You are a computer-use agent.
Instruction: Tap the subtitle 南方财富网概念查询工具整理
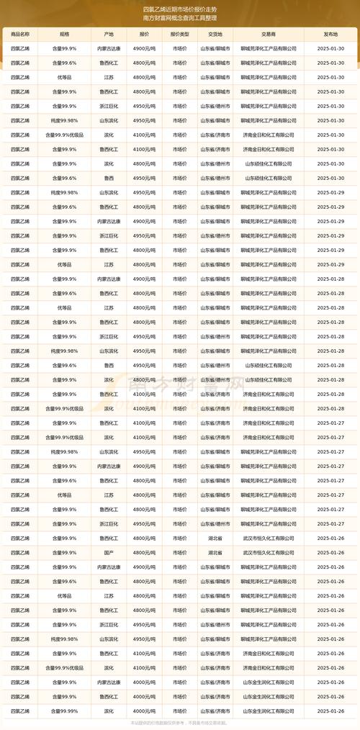point(179,18)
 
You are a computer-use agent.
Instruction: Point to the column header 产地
point(109,33)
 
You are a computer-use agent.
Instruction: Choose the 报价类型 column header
point(180,33)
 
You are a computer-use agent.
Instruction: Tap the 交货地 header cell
point(215,33)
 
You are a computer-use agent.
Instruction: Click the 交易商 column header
point(269,33)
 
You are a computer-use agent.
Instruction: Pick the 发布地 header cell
point(330,33)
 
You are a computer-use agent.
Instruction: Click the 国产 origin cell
point(109,552)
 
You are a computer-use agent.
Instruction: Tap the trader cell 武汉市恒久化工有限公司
point(269,552)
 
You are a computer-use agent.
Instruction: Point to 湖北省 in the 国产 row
point(215,552)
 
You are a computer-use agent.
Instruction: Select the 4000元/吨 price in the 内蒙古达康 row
point(144,682)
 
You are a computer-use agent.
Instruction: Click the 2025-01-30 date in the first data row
point(330,48)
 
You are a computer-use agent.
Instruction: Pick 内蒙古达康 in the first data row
point(109,48)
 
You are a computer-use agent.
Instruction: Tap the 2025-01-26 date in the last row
point(330,711)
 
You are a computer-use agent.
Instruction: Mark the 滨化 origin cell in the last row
point(109,711)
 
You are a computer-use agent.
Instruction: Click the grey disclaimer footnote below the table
point(179,722)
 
